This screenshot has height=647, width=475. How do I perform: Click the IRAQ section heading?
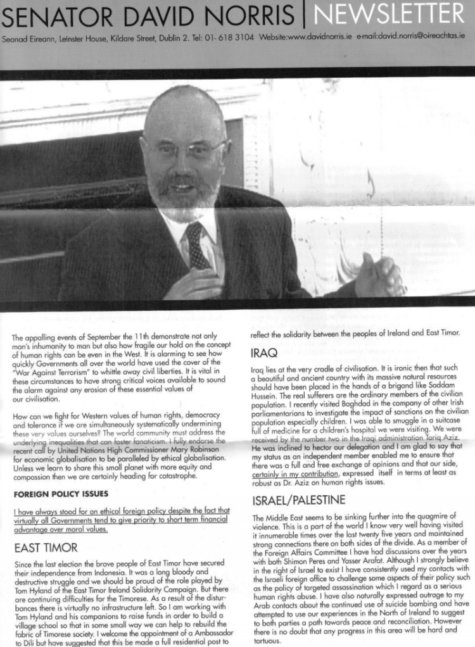[x=264, y=352]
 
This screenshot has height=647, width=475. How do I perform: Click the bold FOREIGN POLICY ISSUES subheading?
[x=61, y=493]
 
